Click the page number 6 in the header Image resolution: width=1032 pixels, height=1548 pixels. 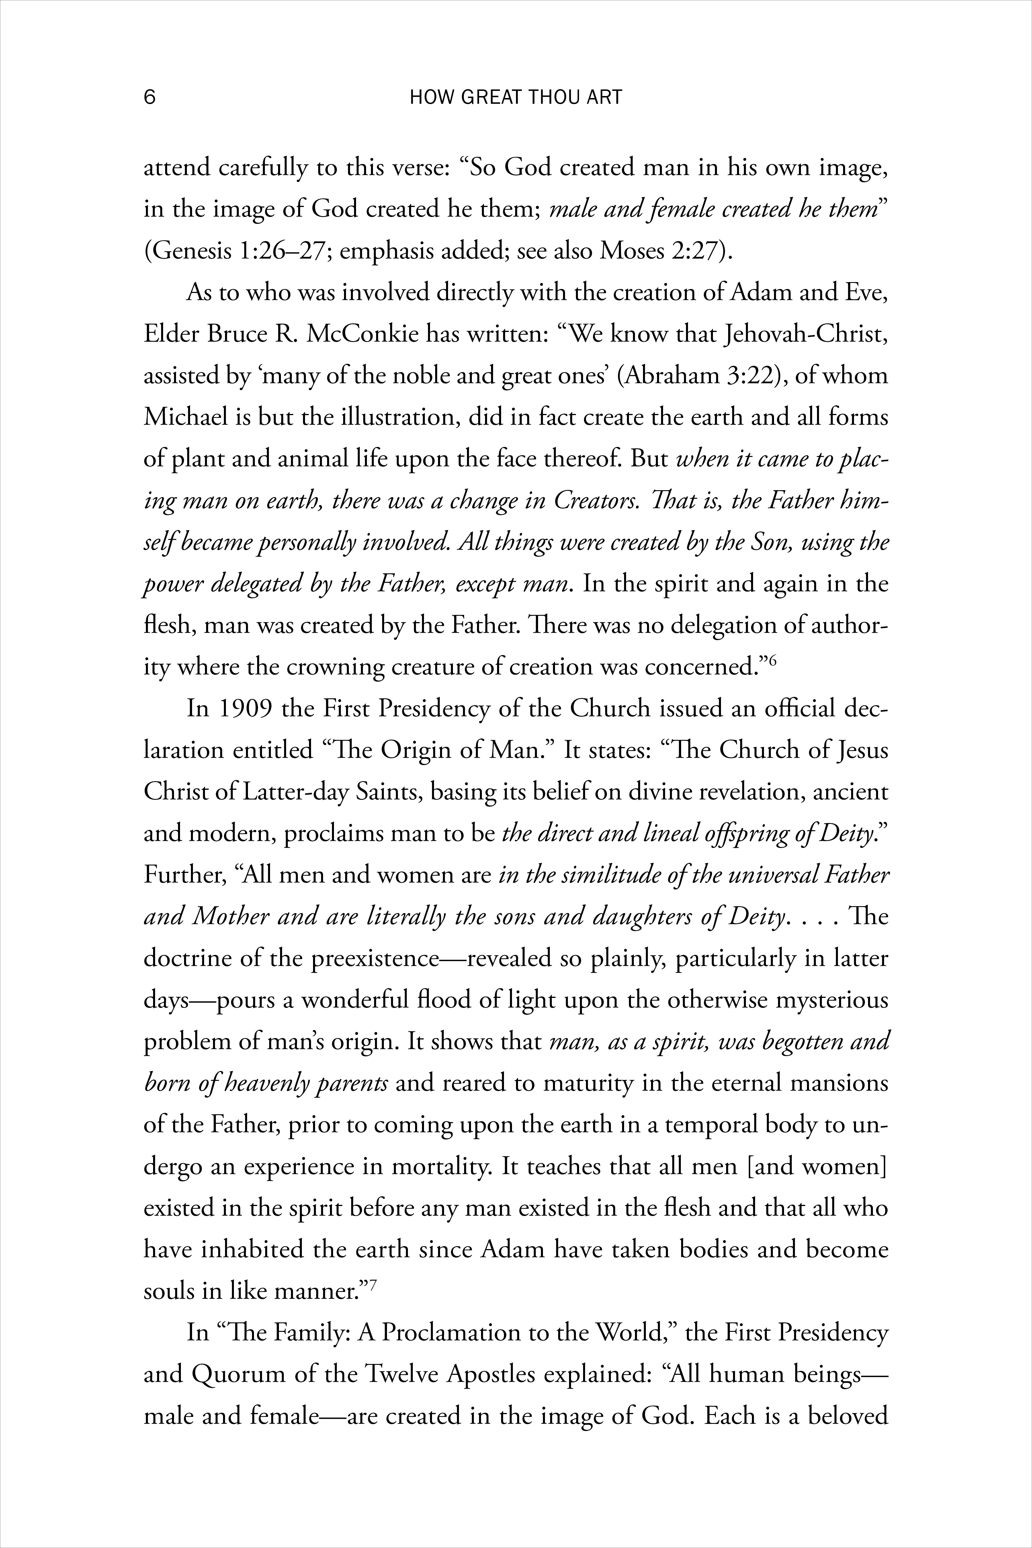pyautogui.click(x=149, y=97)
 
